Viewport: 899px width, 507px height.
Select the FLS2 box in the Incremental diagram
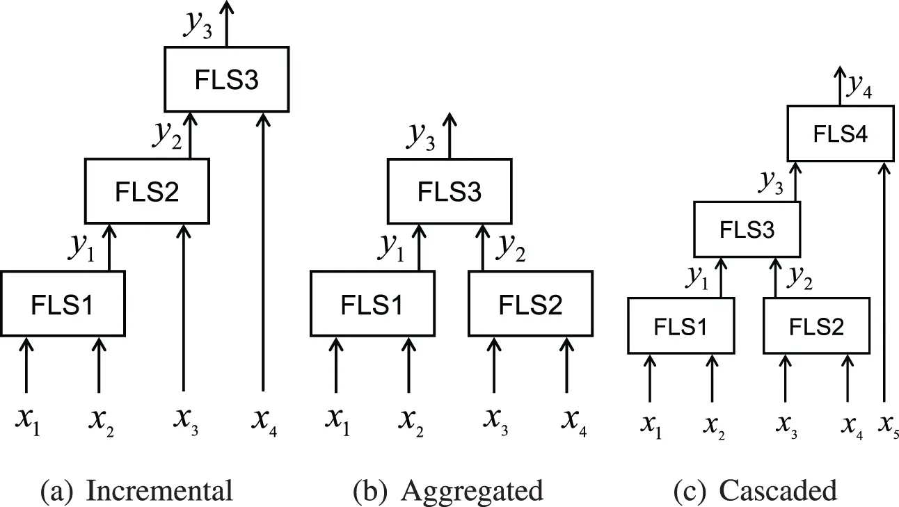(147, 191)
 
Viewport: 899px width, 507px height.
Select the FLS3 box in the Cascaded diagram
(747, 230)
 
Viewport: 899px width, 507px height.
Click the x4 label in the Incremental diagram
(264, 421)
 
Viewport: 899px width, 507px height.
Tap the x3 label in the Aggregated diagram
(496, 421)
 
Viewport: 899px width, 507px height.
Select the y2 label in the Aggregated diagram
(510, 249)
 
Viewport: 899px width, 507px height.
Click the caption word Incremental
(159, 491)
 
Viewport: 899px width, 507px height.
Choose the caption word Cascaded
(777, 491)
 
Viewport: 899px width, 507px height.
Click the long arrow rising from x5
(884, 278)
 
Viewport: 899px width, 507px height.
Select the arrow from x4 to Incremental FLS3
(263, 250)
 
